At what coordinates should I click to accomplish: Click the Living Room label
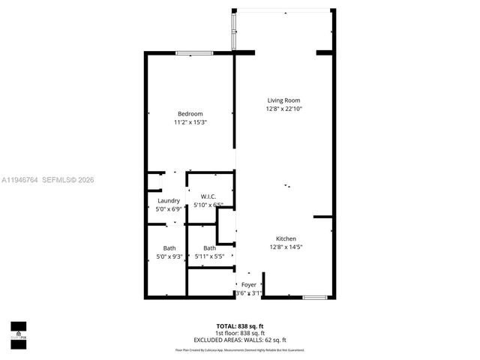coord(284,100)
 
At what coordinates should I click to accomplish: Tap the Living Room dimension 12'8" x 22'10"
coord(284,109)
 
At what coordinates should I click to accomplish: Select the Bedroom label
coord(190,113)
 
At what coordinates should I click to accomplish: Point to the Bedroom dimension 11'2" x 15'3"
coord(190,122)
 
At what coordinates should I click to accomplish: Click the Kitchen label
coord(286,238)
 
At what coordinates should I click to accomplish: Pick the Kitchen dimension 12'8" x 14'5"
coord(286,247)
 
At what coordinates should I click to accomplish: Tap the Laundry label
coord(168,200)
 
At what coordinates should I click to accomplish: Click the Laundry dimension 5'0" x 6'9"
coord(168,209)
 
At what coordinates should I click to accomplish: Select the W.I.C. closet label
coord(208,196)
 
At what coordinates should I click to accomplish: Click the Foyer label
coord(248,284)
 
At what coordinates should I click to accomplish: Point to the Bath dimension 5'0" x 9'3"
coord(169,256)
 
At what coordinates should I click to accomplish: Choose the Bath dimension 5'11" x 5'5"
coord(209,256)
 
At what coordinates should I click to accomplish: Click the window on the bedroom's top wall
coord(195,52)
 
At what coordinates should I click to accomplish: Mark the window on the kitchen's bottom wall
coord(314,298)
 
